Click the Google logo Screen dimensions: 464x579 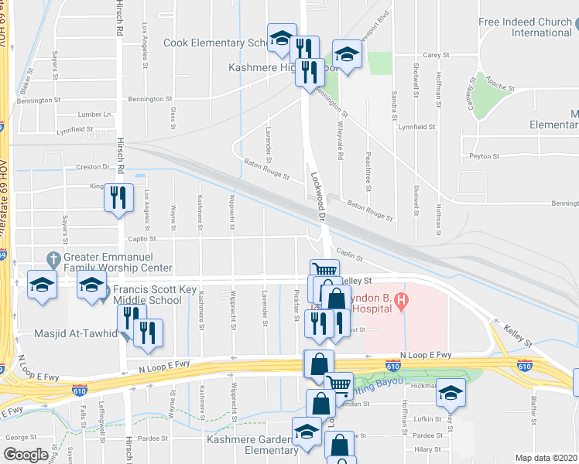(x=26, y=455)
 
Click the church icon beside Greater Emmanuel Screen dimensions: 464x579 (x=53, y=258)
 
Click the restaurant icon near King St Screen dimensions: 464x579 (x=118, y=197)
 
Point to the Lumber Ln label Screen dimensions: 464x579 (x=96, y=114)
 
